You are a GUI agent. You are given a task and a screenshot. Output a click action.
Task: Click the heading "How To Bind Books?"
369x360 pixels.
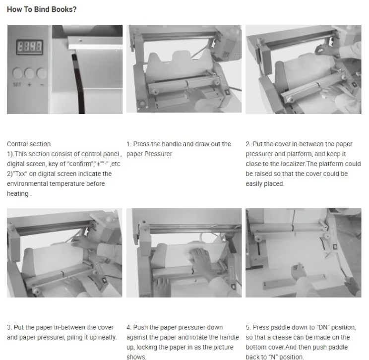[x=42, y=9]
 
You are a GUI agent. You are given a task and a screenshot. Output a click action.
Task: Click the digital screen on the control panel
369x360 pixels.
[x=29, y=47]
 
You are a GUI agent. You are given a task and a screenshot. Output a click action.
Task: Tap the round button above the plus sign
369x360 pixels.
[x=29, y=73]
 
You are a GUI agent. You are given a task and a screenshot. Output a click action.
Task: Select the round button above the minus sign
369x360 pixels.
[x=42, y=73]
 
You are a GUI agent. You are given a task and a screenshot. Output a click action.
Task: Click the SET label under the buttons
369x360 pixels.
[x=17, y=85]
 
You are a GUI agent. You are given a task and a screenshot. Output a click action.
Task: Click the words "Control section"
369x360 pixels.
[x=29, y=144]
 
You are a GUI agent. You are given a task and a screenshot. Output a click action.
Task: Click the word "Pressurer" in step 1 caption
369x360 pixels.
[x=158, y=154]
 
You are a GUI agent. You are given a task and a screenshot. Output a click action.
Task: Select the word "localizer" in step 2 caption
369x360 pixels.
[x=293, y=164]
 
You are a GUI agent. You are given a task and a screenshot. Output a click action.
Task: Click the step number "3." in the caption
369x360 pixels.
[x=9, y=328]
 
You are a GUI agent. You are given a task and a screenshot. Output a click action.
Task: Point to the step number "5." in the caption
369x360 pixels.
[x=248, y=328]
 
